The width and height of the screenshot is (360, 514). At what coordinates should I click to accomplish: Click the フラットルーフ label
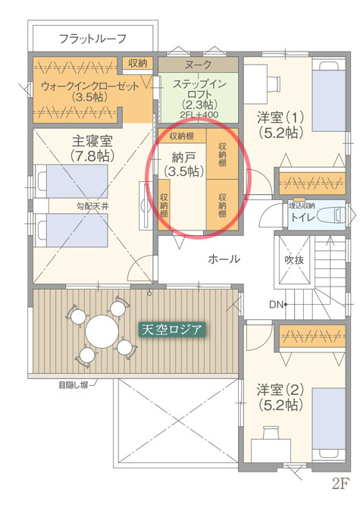click(92, 39)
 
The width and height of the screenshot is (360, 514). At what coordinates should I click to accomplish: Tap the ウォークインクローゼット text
click(90, 86)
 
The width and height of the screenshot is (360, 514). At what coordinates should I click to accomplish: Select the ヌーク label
click(198, 64)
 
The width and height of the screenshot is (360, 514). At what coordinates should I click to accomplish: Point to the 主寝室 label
click(92, 141)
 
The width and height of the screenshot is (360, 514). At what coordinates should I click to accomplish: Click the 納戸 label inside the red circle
click(183, 158)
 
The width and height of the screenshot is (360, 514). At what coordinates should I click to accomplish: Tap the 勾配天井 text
click(92, 207)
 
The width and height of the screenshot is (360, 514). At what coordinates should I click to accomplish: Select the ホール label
click(224, 259)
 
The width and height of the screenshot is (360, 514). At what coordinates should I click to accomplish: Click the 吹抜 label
click(294, 260)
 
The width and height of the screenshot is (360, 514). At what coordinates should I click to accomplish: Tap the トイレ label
click(303, 218)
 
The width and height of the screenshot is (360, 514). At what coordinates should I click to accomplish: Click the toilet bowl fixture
click(331, 215)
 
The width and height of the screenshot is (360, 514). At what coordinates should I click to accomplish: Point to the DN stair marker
click(276, 305)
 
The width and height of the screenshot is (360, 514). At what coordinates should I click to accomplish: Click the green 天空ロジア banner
click(172, 330)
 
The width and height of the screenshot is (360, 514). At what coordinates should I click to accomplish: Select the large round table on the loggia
click(102, 332)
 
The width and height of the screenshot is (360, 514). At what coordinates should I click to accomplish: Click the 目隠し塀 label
click(74, 385)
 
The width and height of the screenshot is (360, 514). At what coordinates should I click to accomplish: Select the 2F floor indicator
click(340, 483)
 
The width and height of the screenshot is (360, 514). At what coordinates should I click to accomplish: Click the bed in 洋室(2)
click(329, 425)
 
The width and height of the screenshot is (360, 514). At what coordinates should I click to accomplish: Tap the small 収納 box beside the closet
click(138, 63)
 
